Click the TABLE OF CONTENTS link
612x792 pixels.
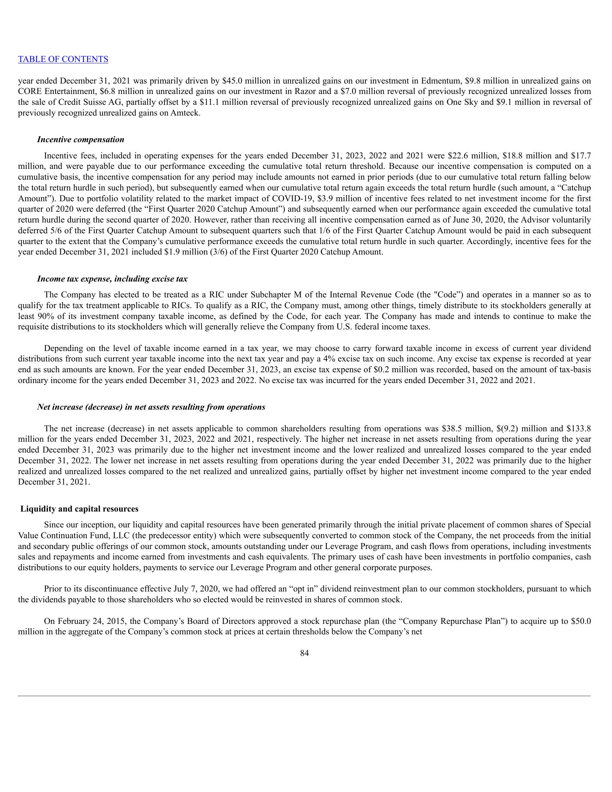[63, 59]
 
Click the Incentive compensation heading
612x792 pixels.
[81, 140]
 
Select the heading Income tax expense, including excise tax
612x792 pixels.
[112, 279]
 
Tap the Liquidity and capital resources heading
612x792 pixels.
[80, 509]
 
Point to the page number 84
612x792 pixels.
[305, 653]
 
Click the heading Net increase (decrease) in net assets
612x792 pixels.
[151, 407]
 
